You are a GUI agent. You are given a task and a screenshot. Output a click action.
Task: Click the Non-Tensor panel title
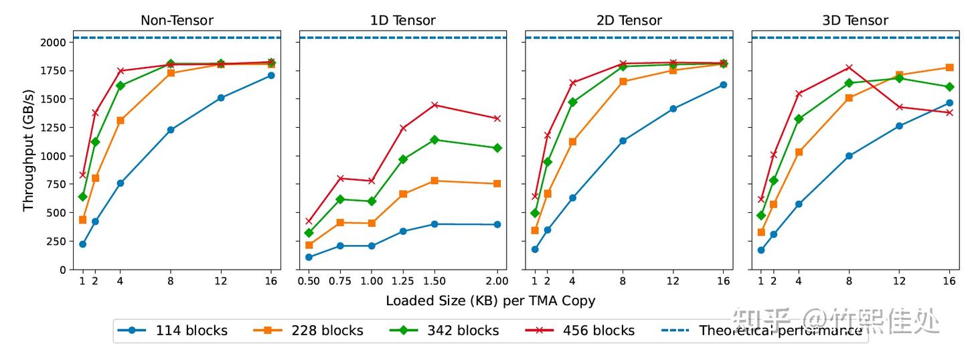click(177, 20)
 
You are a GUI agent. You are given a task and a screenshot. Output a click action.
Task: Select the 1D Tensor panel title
click(403, 20)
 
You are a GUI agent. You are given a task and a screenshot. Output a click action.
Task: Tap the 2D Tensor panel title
click(629, 20)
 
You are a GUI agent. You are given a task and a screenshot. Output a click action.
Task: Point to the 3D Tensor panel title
click(855, 20)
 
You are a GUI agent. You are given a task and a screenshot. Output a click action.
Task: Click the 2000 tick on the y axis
click(54, 43)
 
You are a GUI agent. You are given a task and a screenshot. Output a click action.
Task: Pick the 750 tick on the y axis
click(57, 185)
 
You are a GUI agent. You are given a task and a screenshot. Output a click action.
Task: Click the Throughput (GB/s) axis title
click(28, 150)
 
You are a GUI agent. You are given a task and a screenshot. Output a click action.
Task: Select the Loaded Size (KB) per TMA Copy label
click(490, 300)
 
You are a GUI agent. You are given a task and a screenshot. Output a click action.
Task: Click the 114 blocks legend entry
click(172, 331)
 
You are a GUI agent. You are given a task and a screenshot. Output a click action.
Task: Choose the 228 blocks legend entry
click(308, 331)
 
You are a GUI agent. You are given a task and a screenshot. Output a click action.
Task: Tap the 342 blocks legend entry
click(444, 331)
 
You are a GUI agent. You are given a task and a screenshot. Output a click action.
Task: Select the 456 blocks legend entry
click(580, 331)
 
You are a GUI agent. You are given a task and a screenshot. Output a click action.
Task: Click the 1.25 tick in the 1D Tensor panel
click(403, 281)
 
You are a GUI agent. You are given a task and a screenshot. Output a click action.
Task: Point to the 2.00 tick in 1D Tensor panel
click(497, 281)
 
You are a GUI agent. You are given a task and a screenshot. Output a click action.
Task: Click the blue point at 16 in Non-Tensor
click(270, 76)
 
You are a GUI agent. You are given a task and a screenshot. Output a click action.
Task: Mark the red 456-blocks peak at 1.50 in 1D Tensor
click(434, 104)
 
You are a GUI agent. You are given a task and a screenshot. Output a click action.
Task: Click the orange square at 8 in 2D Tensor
click(623, 81)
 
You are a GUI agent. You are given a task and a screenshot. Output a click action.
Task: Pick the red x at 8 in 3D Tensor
click(849, 68)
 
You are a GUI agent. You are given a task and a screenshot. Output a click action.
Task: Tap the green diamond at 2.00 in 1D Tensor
click(497, 148)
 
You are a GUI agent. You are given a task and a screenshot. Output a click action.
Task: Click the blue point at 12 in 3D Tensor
click(899, 126)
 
